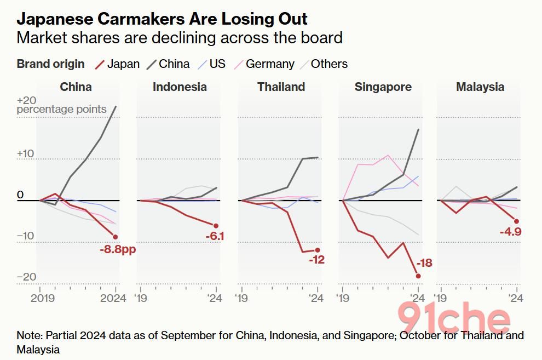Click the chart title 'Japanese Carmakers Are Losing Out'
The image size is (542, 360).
coord(162,19)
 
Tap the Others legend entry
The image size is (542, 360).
coord(322,64)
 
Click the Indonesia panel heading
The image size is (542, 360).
coord(180,87)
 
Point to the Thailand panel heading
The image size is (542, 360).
coord(281,87)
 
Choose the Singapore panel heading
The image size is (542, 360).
coord(383,87)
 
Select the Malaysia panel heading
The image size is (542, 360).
coord(480,87)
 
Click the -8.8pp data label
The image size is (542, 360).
coord(118,249)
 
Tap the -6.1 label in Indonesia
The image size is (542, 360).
coord(215,237)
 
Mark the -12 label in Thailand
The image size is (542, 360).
coord(316,260)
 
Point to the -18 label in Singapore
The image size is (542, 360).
coord(424,264)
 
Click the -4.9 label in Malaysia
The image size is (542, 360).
coord(510,232)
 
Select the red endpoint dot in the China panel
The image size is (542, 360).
coord(116,237)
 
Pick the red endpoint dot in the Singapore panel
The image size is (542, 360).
coord(418,276)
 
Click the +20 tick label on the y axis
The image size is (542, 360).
coord(27,101)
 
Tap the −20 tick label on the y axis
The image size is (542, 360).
coord(26,277)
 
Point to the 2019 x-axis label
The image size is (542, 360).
coord(42,299)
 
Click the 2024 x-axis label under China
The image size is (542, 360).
coord(113,299)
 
